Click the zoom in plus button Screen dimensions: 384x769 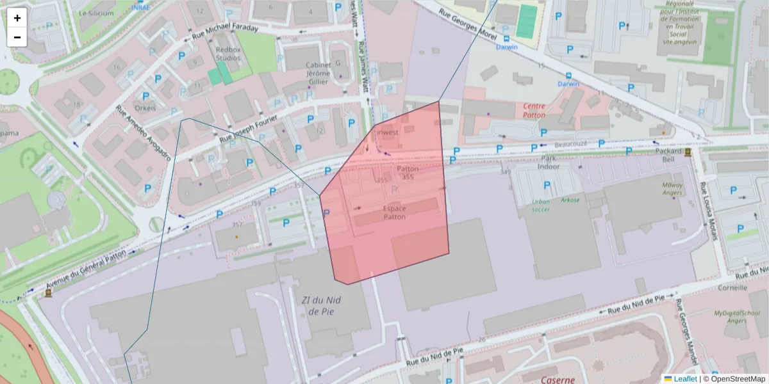pyautogui.click(x=17, y=18)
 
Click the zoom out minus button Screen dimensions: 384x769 pyautogui.click(x=17, y=37)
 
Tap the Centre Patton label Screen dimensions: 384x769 pyautogui.click(x=534, y=111)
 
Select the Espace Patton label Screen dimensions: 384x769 pyautogui.click(x=395, y=212)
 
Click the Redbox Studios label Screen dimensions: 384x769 pyautogui.click(x=228, y=54)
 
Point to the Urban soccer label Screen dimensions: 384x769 pyautogui.click(x=542, y=205)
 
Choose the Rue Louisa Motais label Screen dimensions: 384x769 pyautogui.click(x=708, y=211)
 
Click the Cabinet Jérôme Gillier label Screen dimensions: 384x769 pyautogui.click(x=318, y=73)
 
